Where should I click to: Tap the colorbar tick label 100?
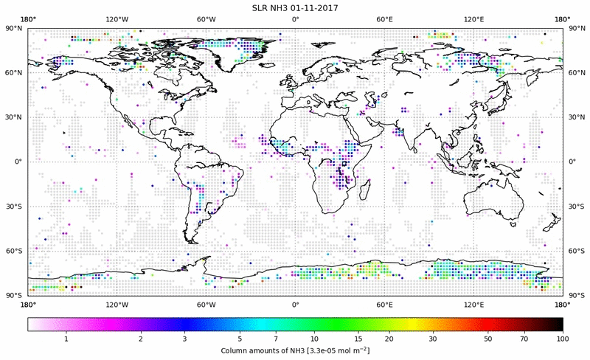(563, 338)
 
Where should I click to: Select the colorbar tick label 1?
(66, 338)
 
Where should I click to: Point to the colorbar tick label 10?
(315, 338)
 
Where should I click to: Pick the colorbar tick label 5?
(240, 338)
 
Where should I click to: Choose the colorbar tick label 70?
(524, 338)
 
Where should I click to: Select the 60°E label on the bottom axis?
(384, 303)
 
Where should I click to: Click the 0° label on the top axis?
(295, 18)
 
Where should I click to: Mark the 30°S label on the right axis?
(575, 207)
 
